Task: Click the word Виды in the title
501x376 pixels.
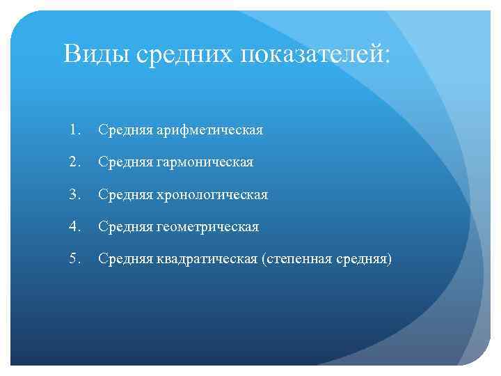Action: (x=95, y=54)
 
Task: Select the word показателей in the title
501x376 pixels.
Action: (x=312, y=54)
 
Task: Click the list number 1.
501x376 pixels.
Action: (x=75, y=130)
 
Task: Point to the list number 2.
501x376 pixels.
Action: (x=75, y=162)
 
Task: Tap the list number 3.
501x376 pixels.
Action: (x=75, y=194)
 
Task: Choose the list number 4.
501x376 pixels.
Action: (x=75, y=227)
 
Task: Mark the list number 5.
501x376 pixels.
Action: (x=75, y=260)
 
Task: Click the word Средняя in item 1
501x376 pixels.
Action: (x=120, y=130)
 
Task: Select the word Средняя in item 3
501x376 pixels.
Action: (x=120, y=195)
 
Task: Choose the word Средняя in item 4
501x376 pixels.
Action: (x=120, y=228)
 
